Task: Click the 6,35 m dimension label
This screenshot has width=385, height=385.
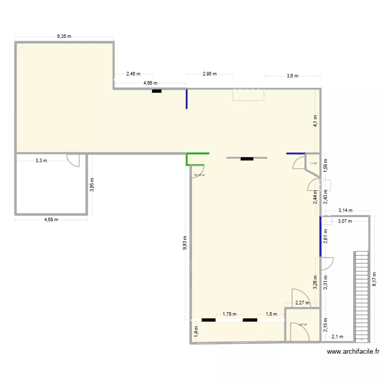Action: pos(64,36)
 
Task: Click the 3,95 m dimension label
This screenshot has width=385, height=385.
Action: pos(92,184)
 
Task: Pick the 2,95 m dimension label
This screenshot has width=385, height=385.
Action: pos(209,74)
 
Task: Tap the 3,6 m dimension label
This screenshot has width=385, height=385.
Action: pos(292,76)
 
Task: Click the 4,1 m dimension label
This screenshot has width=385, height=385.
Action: pos(316,120)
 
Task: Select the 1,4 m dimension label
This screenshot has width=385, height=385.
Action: pos(196,333)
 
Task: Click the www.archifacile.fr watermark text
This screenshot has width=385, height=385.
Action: pos(353,352)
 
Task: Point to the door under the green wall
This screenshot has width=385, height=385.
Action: pos(199,170)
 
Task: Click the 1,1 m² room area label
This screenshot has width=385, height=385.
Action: pos(313,164)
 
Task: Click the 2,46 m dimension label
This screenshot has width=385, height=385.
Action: pos(132,74)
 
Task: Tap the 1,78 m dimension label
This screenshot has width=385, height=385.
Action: pos(229,314)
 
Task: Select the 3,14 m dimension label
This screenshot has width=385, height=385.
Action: pos(345,210)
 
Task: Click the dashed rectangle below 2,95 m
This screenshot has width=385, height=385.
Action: pos(248,94)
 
